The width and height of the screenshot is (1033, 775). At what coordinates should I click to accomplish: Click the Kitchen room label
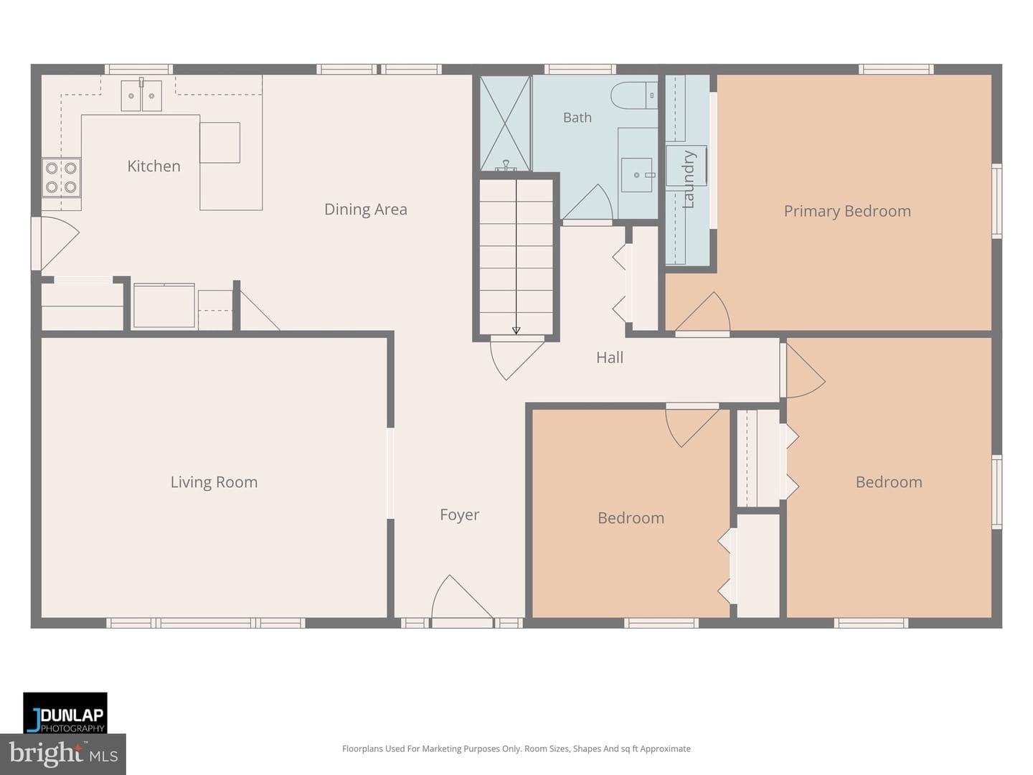click(154, 166)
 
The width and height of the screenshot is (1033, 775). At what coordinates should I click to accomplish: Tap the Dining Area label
click(366, 210)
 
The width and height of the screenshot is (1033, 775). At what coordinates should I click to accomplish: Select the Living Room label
click(214, 482)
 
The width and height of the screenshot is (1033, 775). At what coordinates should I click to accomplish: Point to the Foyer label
click(459, 515)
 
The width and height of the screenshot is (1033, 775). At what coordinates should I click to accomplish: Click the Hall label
click(610, 357)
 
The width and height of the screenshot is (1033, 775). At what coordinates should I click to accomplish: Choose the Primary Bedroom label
click(847, 211)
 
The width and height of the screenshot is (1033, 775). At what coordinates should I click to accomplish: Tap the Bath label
click(577, 118)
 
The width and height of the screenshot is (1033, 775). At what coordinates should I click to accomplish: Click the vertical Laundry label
click(688, 179)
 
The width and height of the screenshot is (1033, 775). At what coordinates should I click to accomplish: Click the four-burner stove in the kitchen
click(61, 177)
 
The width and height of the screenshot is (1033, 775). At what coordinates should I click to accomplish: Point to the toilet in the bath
click(634, 95)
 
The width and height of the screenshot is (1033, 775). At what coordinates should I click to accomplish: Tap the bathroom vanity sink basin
click(637, 175)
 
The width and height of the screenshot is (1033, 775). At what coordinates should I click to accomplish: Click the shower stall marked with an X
click(505, 123)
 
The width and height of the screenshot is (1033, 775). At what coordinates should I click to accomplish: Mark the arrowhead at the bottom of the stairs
click(516, 330)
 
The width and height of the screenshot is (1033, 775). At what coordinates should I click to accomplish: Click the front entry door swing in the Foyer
click(462, 598)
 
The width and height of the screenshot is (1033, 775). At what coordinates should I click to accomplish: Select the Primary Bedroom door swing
click(703, 312)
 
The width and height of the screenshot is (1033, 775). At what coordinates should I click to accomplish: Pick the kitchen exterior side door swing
click(60, 243)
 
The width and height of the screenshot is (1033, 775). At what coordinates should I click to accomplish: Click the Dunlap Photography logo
click(65, 713)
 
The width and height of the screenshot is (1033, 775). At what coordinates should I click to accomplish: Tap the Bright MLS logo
click(63, 754)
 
